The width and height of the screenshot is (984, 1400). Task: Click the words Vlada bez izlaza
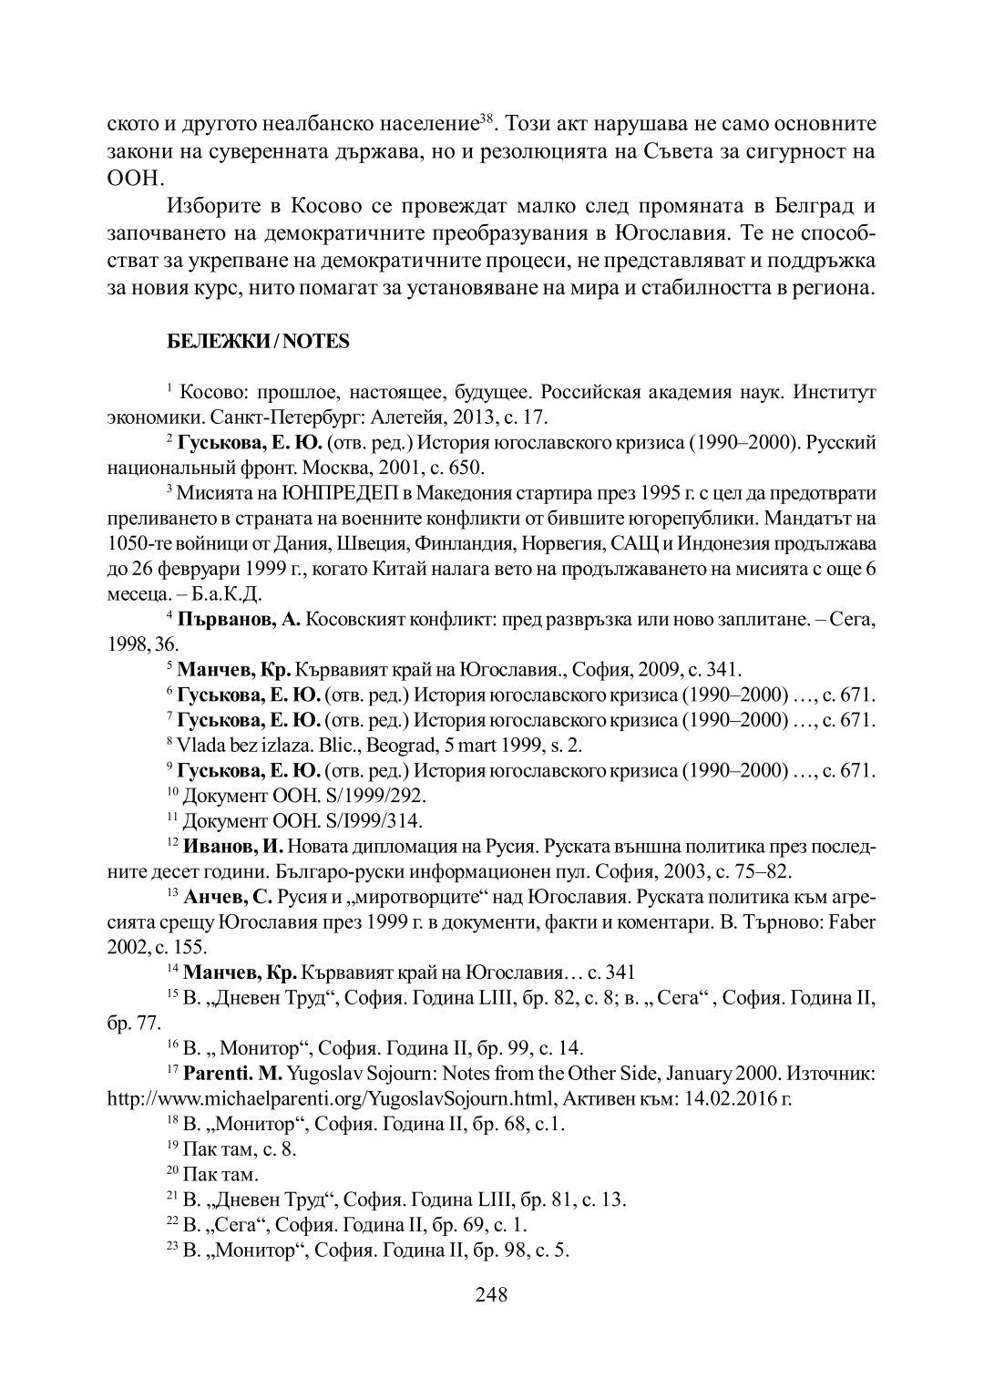coord(234,744)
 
